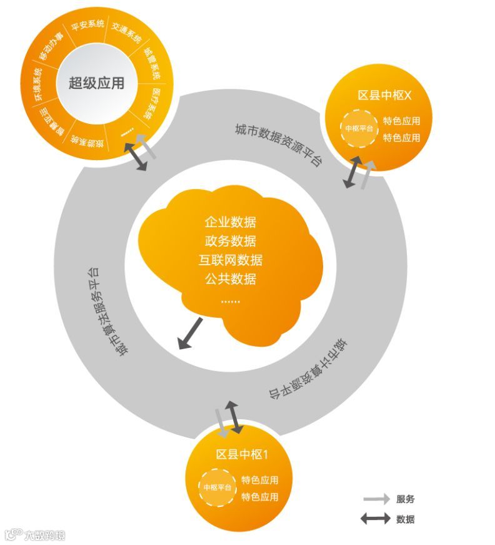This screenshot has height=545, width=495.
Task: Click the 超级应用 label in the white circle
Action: click(x=96, y=83)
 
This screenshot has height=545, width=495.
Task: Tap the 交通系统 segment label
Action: click(x=127, y=32)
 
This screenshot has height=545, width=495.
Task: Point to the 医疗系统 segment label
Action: click(x=144, y=103)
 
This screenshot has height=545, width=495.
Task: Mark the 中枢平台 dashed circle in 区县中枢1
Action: click(x=217, y=487)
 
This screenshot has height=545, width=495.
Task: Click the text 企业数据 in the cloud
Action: click(x=230, y=222)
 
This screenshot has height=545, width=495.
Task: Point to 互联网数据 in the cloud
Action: click(x=230, y=260)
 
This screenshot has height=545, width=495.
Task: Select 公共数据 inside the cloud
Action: click(x=230, y=278)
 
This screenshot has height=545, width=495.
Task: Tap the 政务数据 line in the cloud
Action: click(x=230, y=241)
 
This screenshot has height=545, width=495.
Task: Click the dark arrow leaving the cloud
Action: click(x=190, y=333)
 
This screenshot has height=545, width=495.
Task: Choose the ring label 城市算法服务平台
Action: click(x=104, y=311)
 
